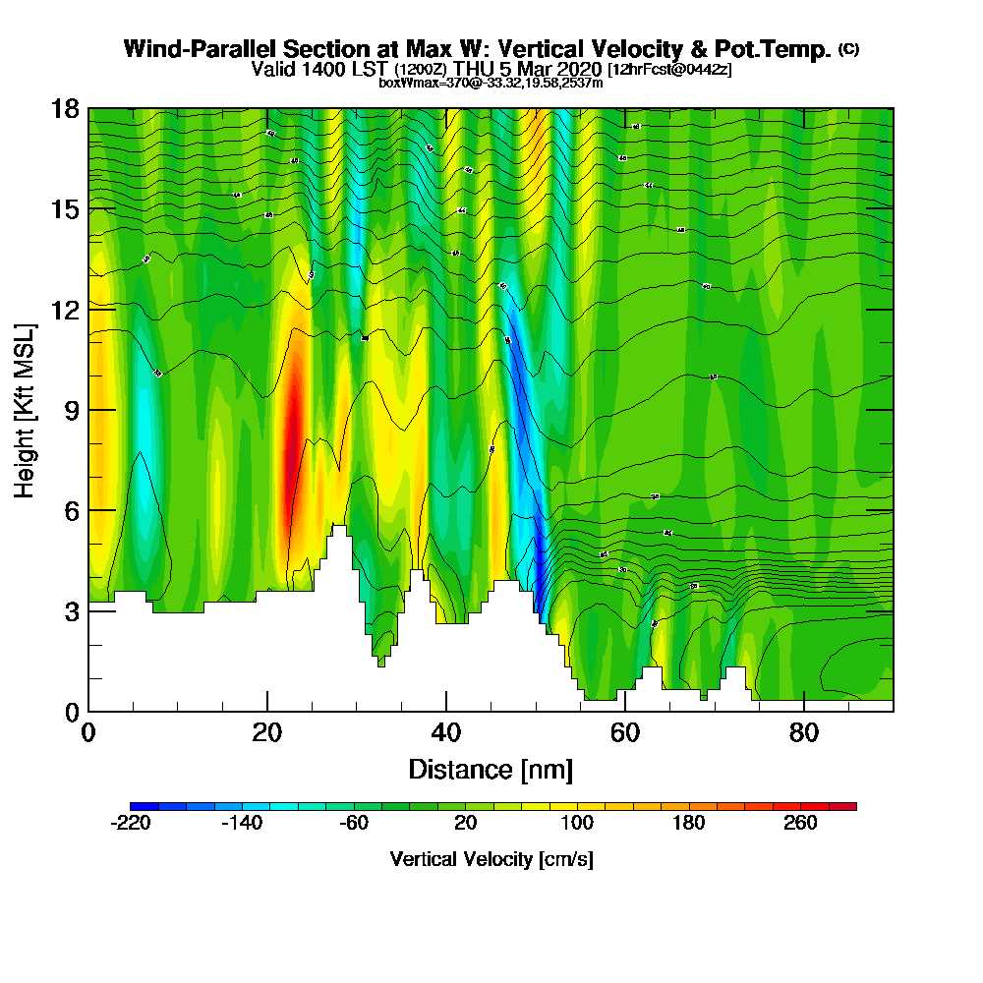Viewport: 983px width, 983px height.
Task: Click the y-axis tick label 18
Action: pos(66,109)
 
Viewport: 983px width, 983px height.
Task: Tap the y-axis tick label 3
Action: pos(72,610)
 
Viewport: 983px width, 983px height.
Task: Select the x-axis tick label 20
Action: pos(267,732)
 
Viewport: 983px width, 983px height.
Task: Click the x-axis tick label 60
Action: pos(625,732)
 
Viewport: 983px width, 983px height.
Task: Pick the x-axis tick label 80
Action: pos(804,732)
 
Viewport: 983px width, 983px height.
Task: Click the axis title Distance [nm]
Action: pos(491,769)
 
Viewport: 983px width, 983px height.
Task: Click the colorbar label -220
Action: pos(130,824)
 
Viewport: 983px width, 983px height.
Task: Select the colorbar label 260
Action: pos(800,824)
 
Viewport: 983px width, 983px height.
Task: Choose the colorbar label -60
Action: pos(354,824)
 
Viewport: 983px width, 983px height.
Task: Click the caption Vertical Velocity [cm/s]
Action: pos(491,859)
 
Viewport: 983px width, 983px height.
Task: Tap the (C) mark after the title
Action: pos(848,49)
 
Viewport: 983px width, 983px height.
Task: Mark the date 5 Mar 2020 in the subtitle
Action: pos(552,70)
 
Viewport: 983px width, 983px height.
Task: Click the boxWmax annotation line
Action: pos(491,83)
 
